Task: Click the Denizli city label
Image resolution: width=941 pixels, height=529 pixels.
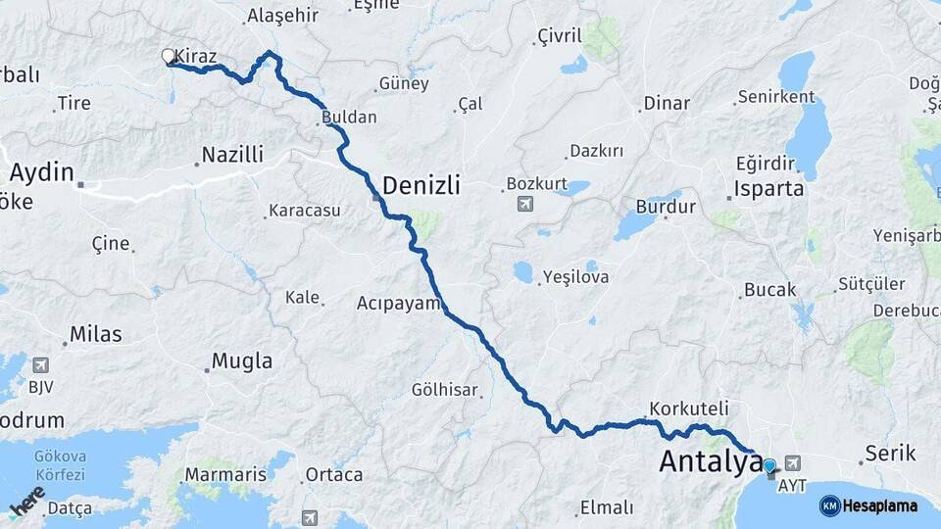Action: pyautogui.click(x=421, y=185)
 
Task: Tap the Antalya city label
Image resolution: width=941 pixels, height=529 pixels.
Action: pyautogui.click(x=711, y=461)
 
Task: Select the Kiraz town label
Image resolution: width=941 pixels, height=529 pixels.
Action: pyautogui.click(x=196, y=57)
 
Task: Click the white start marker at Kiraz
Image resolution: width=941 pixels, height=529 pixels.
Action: pyautogui.click(x=169, y=57)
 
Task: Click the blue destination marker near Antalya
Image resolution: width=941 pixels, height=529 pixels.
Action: pyautogui.click(x=769, y=467)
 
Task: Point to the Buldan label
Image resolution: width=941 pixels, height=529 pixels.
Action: pyautogui.click(x=349, y=117)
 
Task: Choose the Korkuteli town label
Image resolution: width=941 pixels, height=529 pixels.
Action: pyautogui.click(x=689, y=408)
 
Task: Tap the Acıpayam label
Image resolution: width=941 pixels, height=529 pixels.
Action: pyautogui.click(x=399, y=303)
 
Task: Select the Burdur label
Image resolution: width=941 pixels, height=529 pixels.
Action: pyautogui.click(x=666, y=207)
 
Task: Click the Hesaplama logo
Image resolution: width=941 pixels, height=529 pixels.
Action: pyautogui.click(x=869, y=505)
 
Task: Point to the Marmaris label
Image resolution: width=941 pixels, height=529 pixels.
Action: pyautogui.click(x=225, y=475)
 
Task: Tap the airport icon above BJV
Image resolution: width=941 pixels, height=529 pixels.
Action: pyautogui.click(x=40, y=365)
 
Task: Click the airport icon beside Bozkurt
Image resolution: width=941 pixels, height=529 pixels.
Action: pyautogui.click(x=525, y=204)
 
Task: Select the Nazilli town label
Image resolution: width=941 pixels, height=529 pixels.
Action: pyautogui.click(x=232, y=155)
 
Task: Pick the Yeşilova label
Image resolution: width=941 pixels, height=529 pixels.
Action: pyautogui.click(x=576, y=277)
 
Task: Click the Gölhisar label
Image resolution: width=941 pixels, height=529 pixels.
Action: pyautogui.click(x=445, y=390)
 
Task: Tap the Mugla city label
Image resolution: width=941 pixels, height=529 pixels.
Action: pyautogui.click(x=242, y=361)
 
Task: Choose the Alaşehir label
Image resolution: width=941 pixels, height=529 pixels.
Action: pyautogui.click(x=283, y=16)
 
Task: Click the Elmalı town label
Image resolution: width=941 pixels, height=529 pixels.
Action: pyautogui.click(x=607, y=508)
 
